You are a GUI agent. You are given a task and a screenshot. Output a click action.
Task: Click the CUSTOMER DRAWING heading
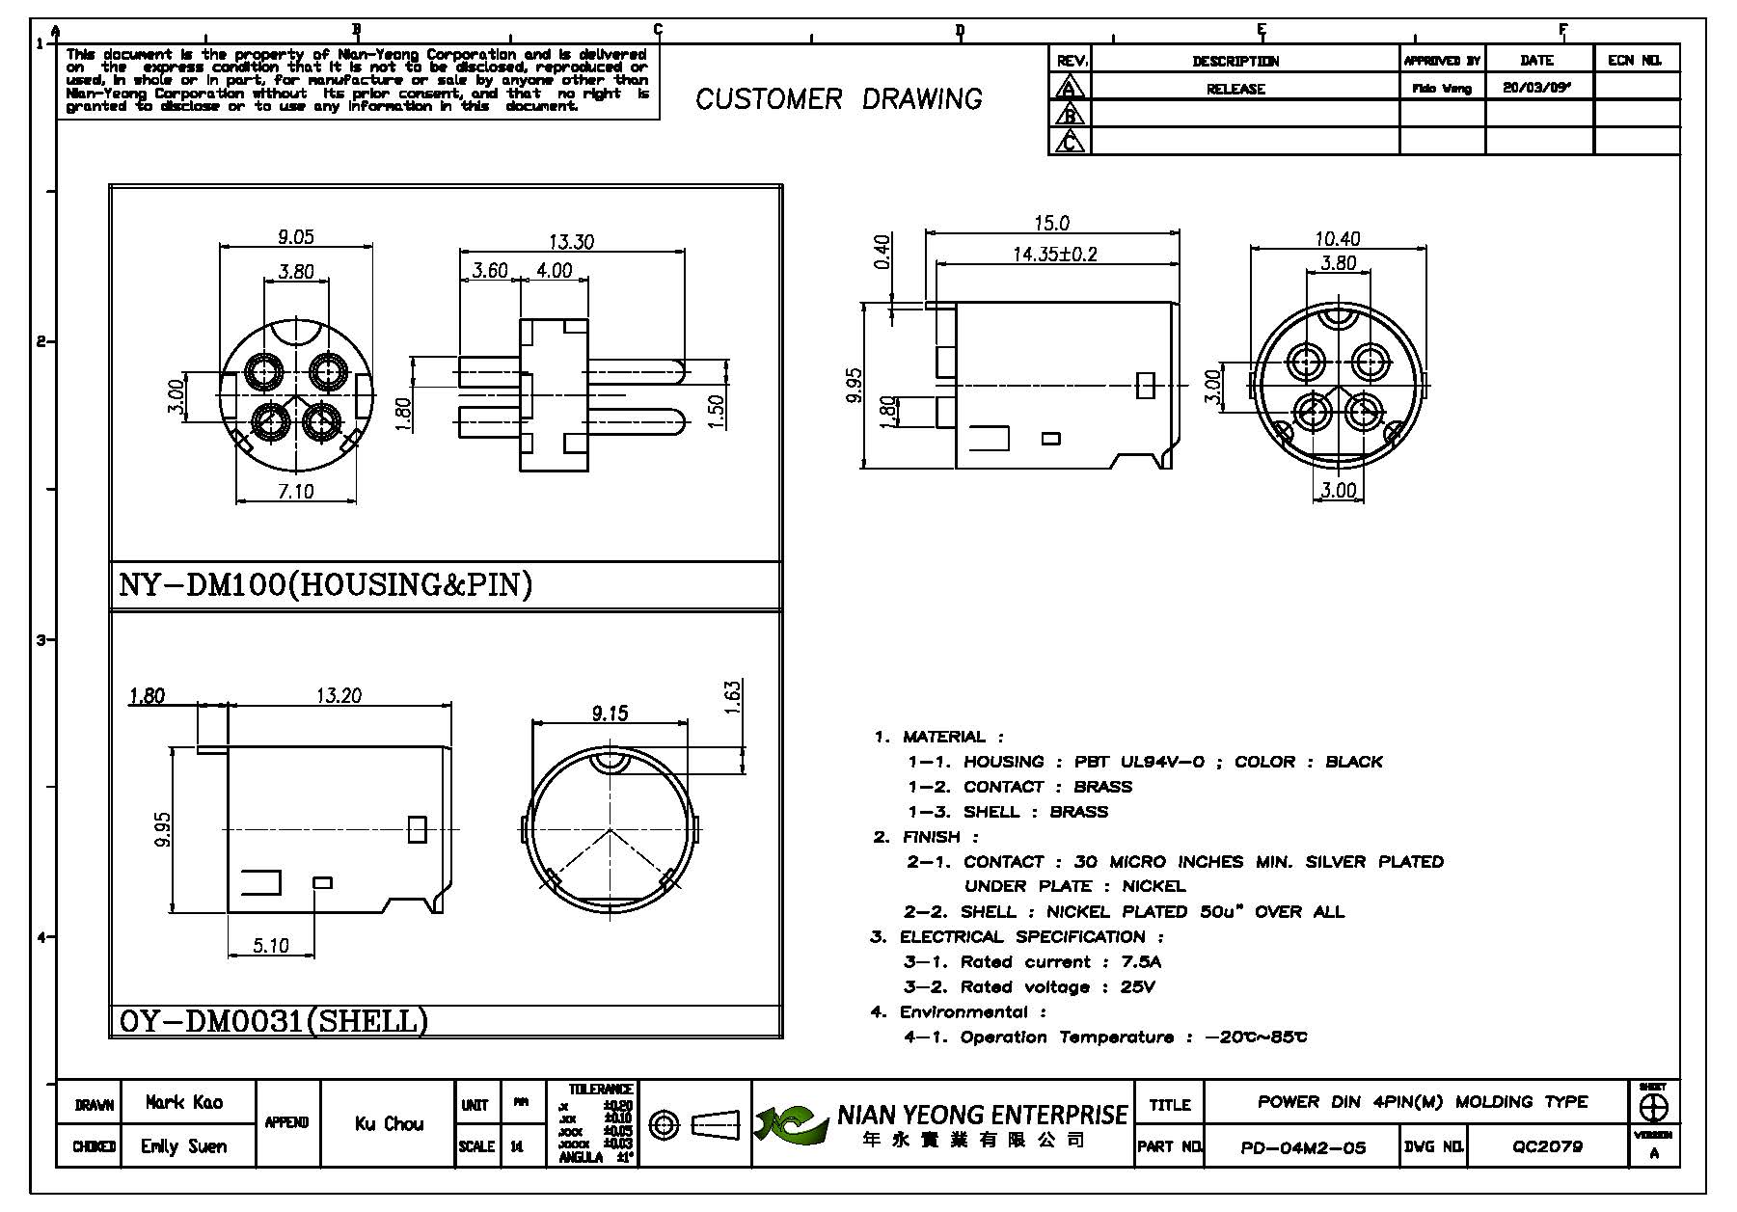coord(838,99)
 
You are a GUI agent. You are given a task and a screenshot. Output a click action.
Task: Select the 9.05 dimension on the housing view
coord(296,235)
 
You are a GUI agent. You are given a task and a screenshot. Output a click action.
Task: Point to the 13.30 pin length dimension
coord(572,241)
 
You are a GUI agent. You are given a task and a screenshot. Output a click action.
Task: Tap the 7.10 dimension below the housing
coord(296,492)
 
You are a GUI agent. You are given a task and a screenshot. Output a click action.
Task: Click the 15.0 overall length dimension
coord(1051,224)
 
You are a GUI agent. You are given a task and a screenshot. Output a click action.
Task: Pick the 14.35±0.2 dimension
coord(1055,255)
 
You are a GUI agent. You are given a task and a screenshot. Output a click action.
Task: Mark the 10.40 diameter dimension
coord(1337,238)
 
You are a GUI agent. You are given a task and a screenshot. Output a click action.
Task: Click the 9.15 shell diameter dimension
coord(610,713)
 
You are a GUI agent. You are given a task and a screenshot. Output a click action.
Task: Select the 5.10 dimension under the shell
coord(271,946)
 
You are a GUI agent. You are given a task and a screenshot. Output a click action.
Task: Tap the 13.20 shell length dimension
coord(339,695)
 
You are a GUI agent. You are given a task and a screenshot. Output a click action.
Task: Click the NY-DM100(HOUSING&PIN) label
coord(325,585)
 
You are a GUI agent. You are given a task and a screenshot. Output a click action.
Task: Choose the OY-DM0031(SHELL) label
coord(273,1021)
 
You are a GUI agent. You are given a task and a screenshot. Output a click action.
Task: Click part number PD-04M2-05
coord(1303,1147)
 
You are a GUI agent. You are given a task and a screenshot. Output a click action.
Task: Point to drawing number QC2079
coord(1547,1147)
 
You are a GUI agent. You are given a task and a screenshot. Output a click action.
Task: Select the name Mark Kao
coord(184,1103)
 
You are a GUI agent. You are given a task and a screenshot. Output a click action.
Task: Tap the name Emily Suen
coord(184,1146)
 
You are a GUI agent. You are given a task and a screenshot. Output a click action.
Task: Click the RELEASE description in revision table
coord(1235,89)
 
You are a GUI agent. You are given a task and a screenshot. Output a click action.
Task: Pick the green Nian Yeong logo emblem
coord(791,1123)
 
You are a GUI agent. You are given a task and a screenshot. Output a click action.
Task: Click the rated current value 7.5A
coord(1142,962)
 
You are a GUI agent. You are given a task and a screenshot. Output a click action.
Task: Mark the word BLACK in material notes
coord(1354,762)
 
